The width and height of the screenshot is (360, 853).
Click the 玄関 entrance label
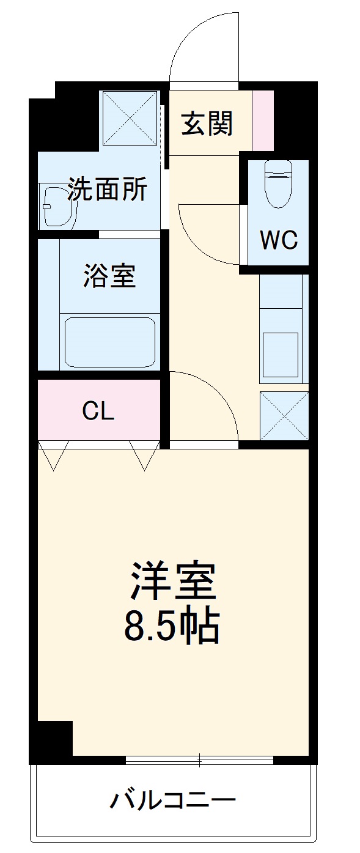point(207,125)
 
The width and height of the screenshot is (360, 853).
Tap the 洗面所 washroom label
point(107,190)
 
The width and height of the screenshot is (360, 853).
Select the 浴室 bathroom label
point(109,277)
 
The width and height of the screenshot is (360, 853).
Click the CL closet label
point(98,412)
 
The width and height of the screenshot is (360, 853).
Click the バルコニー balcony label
point(173,799)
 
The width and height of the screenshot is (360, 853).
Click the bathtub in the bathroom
point(110,342)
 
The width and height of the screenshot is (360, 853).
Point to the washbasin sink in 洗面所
point(59,206)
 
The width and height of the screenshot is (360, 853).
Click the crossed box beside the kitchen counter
point(284,415)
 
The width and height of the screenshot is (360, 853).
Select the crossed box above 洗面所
point(129,118)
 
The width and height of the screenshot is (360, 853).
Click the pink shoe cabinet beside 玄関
point(263,120)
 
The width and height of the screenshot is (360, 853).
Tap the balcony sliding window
point(199,761)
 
